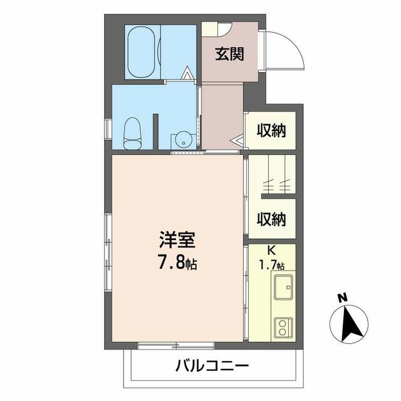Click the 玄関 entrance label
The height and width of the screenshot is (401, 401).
230,54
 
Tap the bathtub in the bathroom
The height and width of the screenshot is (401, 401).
141,51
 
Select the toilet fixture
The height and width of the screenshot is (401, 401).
132,133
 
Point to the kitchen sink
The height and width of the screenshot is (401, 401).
284,287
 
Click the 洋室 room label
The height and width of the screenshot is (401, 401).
177,240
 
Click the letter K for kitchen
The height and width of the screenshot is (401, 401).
271,251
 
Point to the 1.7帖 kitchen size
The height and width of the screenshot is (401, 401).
272,265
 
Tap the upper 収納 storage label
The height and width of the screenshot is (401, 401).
271,130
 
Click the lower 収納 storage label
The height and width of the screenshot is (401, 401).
271,219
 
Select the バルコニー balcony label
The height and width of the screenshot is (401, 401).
212,366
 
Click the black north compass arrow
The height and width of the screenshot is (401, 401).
352,323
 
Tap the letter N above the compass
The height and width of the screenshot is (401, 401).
343,298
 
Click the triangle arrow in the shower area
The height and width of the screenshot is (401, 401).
187,73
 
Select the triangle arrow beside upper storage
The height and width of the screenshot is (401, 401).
237,140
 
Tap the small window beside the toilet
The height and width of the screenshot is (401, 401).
108,128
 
